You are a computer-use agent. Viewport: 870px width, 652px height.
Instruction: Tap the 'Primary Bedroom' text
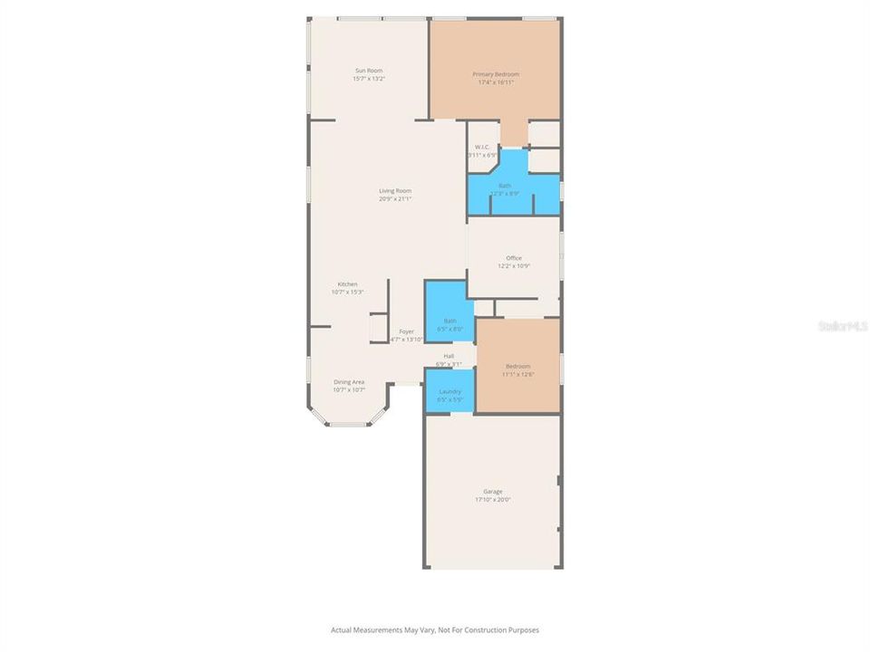point(496,74)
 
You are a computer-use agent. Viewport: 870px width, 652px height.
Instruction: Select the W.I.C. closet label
point(481,148)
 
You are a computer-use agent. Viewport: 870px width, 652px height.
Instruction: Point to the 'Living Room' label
point(395,191)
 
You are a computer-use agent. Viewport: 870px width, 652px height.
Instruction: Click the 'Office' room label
point(514,258)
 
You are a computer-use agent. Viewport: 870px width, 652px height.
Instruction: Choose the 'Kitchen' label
point(348,284)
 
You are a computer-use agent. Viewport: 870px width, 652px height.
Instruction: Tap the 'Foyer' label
point(406,331)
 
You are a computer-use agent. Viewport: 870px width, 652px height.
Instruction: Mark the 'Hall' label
point(449,356)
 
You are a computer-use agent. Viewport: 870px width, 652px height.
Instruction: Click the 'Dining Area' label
point(349,382)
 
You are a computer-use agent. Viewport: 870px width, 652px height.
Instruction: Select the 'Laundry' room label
point(449,391)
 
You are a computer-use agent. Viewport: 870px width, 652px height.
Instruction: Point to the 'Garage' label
point(492,492)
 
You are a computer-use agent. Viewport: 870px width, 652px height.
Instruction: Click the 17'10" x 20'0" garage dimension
point(492,500)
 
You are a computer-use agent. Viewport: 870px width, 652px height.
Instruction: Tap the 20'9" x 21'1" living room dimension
point(395,199)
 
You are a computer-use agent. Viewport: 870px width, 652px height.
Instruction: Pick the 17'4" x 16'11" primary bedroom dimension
point(496,82)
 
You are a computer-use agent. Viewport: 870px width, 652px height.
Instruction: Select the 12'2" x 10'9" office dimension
point(514,266)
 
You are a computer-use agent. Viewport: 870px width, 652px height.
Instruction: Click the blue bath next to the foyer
point(449,312)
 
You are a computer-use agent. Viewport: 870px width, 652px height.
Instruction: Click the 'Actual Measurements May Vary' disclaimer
point(435,629)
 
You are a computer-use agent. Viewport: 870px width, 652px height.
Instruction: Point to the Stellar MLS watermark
point(842,325)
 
